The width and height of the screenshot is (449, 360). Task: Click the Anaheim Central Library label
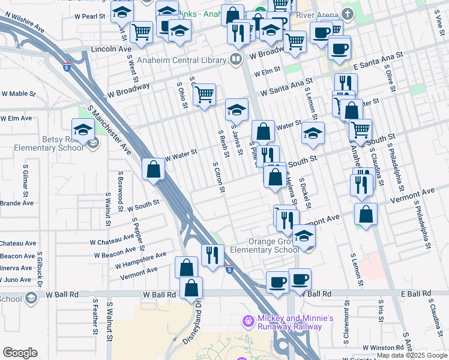tap(181, 60)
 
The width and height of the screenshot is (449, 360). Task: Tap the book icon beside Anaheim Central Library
tap(236, 59)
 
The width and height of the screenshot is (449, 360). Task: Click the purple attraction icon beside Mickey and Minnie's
tap(248, 322)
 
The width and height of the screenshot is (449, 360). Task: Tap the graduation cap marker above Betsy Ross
tap(83, 128)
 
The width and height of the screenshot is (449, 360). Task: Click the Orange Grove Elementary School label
tap(264, 245)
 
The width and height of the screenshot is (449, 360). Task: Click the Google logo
tap(20, 353)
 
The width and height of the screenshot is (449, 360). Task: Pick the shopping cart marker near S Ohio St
tap(204, 94)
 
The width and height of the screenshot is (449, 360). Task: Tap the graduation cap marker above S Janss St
tap(237, 109)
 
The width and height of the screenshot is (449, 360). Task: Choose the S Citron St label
tap(218, 177)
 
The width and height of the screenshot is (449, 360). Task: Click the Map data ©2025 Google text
tap(411, 355)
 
